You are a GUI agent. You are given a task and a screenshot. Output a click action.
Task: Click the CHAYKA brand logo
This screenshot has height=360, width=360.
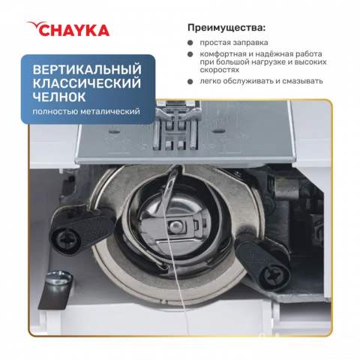click(68, 29)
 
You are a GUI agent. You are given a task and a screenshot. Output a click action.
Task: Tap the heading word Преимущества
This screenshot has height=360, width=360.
click(224, 28)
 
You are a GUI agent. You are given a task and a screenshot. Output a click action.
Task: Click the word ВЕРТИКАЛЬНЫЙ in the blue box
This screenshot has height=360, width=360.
click(87, 70)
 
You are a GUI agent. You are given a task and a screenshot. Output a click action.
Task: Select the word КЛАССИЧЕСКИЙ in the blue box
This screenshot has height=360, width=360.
click(87, 83)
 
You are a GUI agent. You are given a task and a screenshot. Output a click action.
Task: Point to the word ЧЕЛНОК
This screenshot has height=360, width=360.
click(59, 97)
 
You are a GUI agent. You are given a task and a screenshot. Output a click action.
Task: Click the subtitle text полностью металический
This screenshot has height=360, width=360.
click(86, 111)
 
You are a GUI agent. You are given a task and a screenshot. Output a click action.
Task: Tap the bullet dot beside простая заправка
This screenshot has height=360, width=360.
click(190, 43)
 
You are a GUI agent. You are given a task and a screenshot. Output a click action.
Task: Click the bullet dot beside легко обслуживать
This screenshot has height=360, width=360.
click(190, 82)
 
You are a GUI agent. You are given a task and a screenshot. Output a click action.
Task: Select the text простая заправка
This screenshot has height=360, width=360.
click(234, 43)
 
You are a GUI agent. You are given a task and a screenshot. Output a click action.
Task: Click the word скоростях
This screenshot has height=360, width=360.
click(219, 70)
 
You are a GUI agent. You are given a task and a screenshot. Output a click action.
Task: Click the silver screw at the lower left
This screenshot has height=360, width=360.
click(59, 276)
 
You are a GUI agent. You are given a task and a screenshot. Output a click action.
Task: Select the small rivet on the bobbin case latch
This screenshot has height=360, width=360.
click(175, 226)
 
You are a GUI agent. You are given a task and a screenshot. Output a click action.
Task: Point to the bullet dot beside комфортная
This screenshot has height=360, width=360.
click(190, 55)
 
